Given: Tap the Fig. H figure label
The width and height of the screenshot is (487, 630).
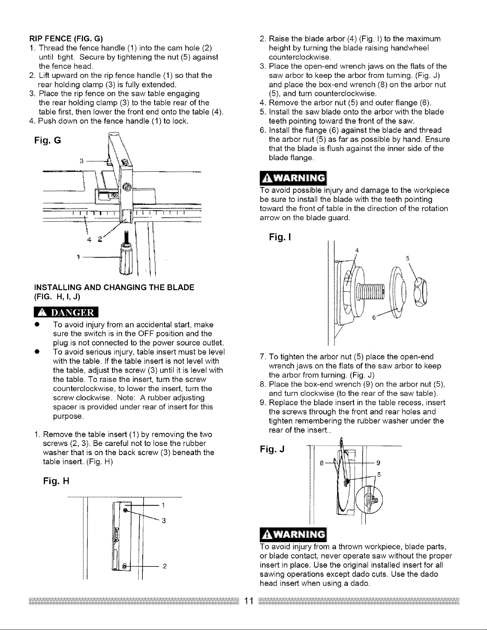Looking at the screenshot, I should click(x=56, y=481).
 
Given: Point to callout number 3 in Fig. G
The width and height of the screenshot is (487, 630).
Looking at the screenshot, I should click(x=81, y=161).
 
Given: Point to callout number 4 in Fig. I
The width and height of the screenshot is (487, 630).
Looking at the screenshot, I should click(x=357, y=250).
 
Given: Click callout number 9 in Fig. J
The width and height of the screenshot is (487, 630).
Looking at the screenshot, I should click(x=378, y=462).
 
